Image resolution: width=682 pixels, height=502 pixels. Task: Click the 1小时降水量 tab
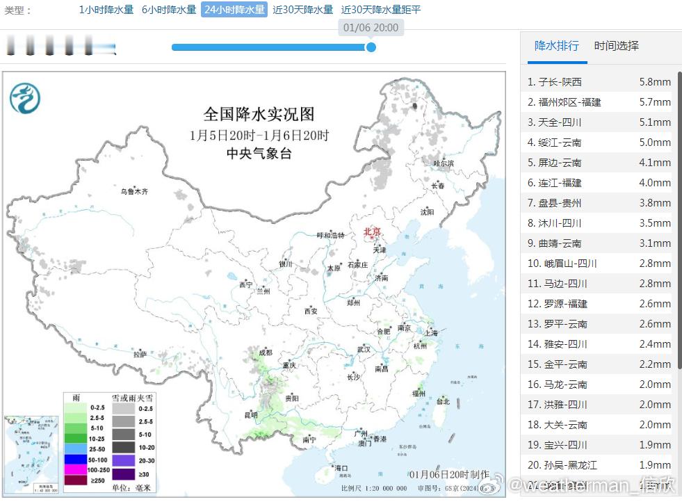point(106,10)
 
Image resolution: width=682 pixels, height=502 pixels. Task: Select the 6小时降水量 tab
point(169,10)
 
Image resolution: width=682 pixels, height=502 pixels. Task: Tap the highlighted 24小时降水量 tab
point(234,10)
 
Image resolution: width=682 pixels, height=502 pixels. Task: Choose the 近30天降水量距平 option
point(381,10)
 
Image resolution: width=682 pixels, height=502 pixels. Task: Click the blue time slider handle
point(371,47)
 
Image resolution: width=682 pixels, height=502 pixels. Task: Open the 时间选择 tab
point(616,46)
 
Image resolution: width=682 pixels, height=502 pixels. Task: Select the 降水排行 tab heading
point(556,46)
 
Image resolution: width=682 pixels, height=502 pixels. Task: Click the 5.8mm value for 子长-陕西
point(655,82)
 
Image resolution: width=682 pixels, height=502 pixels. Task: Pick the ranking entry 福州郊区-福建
point(569,102)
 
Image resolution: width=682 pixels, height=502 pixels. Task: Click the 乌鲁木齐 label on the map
point(134,191)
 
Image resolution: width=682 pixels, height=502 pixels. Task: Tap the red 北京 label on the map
point(373,232)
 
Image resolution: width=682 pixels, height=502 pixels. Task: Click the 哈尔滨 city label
point(443,163)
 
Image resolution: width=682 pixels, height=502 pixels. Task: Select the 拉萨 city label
point(140,355)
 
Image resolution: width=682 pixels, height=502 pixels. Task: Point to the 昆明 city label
point(250,415)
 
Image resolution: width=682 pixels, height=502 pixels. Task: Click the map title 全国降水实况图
point(259,114)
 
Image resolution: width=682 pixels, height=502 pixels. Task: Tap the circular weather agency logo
point(25,98)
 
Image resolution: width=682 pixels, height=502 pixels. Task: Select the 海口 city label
point(341,468)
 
